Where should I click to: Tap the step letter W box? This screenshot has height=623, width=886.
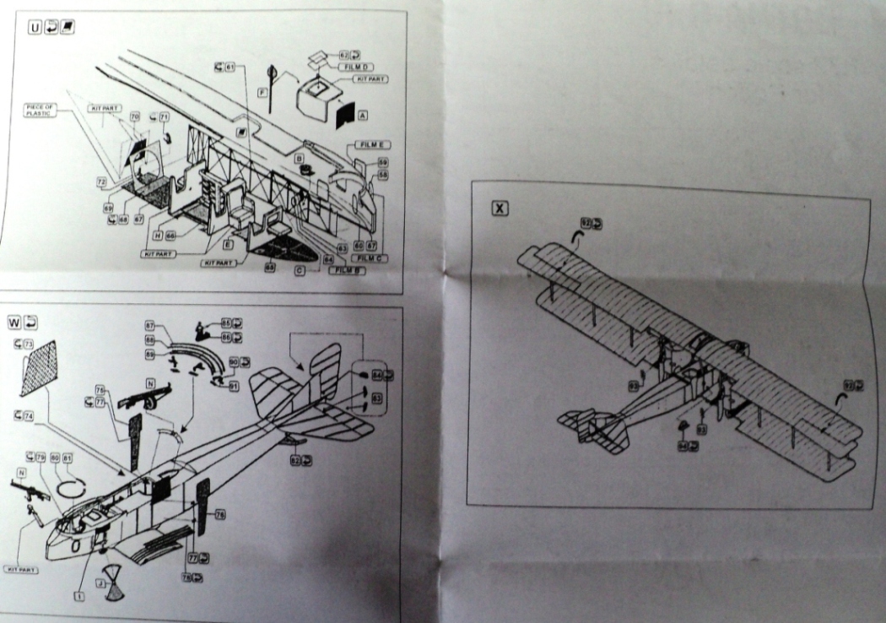pos(14,322)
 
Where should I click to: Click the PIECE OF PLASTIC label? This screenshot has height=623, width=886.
pos(41,110)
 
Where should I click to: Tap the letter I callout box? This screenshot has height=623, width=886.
pos(78,596)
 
